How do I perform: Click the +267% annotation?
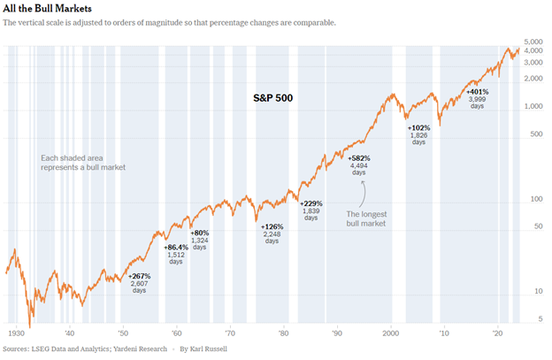[x=140, y=276]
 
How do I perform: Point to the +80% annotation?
[x=200, y=233]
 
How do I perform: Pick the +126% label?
[x=272, y=226]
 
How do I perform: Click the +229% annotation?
[x=310, y=204]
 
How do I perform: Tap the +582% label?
[x=358, y=158]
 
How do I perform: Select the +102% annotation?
[x=418, y=128]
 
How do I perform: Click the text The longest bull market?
[x=364, y=219]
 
